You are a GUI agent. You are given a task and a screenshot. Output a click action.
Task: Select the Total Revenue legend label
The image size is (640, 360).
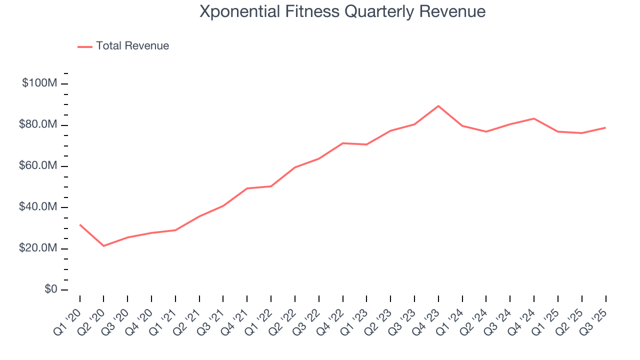[x=132, y=46]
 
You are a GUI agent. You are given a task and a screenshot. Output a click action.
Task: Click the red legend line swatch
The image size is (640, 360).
[x=85, y=46]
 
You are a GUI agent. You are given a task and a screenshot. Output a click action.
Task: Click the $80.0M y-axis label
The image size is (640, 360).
[x=38, y=124]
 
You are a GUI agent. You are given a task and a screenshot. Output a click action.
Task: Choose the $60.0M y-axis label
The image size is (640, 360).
[x=38, y=166]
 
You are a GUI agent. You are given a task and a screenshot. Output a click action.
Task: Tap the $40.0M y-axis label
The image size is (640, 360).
[x=38, y=207]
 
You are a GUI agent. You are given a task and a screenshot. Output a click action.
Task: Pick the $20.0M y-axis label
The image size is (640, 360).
[x=38, y=248]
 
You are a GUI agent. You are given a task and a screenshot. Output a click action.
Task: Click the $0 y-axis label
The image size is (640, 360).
[x=50, y=290]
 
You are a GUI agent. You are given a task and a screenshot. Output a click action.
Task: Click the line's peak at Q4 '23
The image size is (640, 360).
[x=438, y=106]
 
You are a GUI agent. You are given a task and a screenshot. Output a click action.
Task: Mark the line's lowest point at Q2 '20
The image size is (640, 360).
[x=103, y=246]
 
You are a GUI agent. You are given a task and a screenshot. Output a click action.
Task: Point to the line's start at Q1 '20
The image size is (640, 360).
[x=80, y=224]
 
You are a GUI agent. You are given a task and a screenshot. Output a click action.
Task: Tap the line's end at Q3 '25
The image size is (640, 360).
[x=605, y=127]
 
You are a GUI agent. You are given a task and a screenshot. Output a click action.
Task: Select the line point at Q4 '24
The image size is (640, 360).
[x=534, y=118]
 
